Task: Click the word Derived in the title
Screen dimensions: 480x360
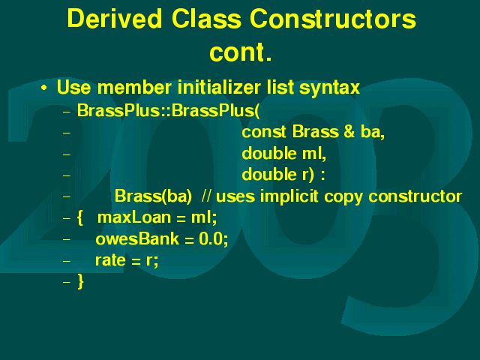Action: click(x=114, y=18)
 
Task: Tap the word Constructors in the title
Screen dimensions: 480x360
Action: click(x=333, y=18)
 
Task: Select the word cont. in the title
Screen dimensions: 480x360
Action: click(x=241, y=52)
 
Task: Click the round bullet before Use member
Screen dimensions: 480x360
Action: click(x=44, y=88)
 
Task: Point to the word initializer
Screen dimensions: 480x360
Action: click(x=219, y=87)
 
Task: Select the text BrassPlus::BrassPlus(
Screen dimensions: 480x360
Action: click(x=168, y=110)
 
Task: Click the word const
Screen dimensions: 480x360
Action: click(x=264, y=132)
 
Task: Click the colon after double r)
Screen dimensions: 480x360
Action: click(x=322, y=175)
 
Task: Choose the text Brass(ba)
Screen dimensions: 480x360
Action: click(x=153, y=196)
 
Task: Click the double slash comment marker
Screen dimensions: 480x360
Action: click(x=206, y=196)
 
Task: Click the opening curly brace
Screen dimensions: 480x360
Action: click(x=80, y=217)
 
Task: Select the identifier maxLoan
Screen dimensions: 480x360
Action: click(x=134, y=217)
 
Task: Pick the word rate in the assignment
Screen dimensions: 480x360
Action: click(x=110, y=260)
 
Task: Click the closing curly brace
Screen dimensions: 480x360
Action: click(x=80, y=282)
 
